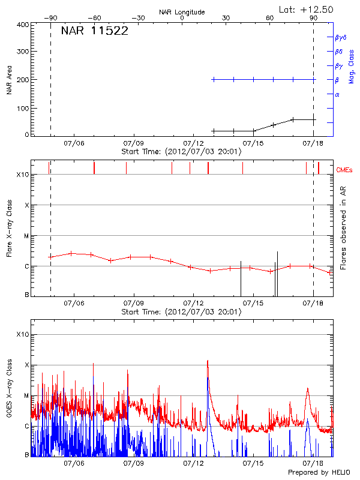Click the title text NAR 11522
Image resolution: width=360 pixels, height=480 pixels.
coord(94,32)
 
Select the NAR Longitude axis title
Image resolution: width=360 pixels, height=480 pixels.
coord(182,12)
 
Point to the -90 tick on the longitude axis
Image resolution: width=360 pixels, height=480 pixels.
coord(50,19)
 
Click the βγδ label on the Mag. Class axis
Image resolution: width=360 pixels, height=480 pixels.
coord(341,37)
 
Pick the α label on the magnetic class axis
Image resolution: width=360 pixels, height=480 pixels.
coord(337,94)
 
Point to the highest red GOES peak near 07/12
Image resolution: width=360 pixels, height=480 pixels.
coord(208,361)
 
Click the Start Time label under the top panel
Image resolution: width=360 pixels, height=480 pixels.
coord(181,152)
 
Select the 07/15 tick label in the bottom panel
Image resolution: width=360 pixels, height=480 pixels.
coord(253,464)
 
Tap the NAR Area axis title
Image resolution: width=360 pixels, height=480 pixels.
coord(9,79)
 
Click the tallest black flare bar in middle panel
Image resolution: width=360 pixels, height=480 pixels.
coord(277,274)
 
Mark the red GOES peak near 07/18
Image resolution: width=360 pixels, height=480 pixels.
coord(308,389)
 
